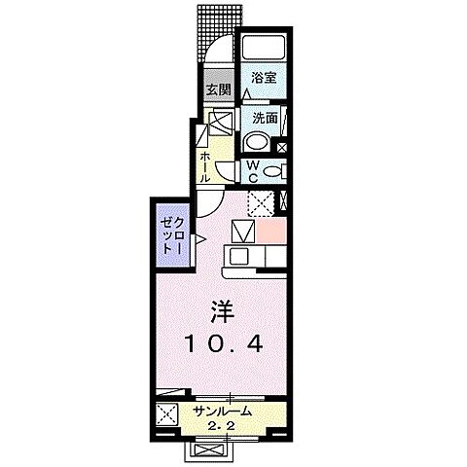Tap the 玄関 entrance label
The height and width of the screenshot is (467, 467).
(x=217, y=90)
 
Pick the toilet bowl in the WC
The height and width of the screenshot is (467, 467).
(x=272, y=172)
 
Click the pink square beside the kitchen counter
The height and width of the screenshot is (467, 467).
(x=272, y=233)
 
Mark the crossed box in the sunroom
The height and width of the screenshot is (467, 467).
(x=164, y=413)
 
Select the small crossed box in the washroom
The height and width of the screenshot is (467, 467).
(x=281, y=148)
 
